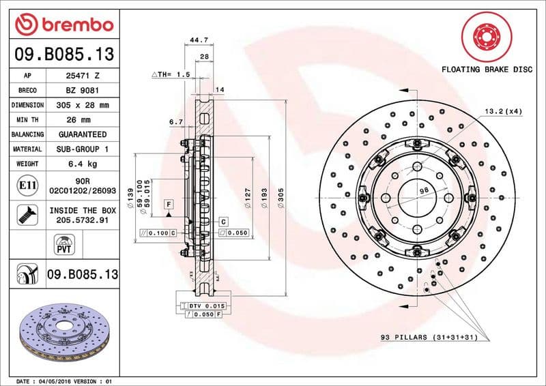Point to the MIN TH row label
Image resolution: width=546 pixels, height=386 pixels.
(x=28, y=120)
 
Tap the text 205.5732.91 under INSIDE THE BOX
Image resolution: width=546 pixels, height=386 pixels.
(x=83, y=221)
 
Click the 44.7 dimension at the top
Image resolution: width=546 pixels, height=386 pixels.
(x=199, y=40)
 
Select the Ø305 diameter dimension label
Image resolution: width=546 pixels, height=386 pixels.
(x=281, y=198)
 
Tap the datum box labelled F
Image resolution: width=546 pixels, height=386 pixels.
(x=167, y=203)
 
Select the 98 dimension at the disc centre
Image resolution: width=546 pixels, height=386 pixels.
(x=424, y=191)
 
